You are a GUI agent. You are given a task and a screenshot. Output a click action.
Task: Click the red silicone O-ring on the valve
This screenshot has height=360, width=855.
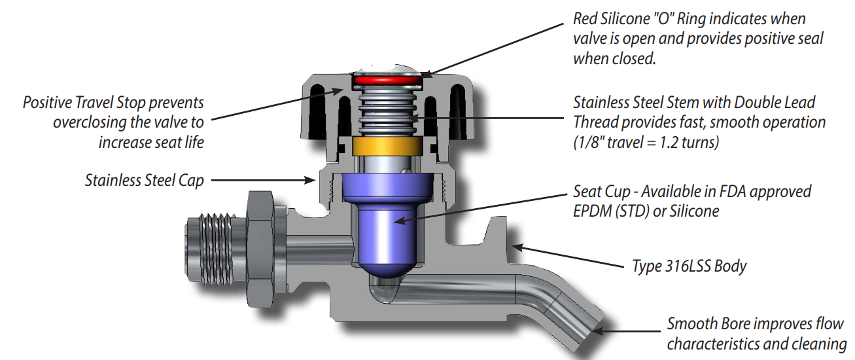pyautogui.click(x=386, y=79)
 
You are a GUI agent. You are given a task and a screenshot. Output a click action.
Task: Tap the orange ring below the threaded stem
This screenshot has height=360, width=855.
pyautogui.click(x=385, y=146)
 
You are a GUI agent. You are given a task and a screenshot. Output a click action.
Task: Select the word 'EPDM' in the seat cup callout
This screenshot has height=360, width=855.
pyautogui.click(x=591, y=211)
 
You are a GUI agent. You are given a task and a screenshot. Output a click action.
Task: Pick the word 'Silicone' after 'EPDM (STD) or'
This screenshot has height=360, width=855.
pyautogui.click(x=700, y=211)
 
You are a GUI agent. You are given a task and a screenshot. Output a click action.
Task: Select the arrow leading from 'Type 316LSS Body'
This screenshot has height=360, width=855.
pyautogui.click(x=568, y=257)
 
